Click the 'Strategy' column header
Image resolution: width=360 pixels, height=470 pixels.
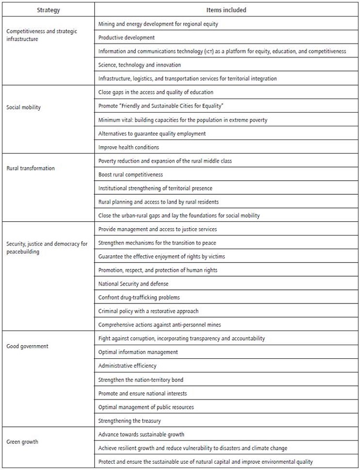pos(47,9)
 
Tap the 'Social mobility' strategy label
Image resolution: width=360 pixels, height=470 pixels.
pos(23,107)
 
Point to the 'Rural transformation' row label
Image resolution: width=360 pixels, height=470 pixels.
pos(30,168)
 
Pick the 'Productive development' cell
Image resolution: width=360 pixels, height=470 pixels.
pos(126,38)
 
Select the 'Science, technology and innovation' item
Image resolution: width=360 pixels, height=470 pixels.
pos(139,65)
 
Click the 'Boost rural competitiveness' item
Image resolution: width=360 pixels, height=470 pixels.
pos(130,174)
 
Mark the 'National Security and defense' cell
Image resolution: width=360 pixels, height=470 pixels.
pos(133,284)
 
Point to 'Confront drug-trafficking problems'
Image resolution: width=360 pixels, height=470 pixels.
pos(139,297)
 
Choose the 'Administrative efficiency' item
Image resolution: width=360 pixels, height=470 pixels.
pos(127,366)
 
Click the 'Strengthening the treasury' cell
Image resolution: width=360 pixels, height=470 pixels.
pos(129,420)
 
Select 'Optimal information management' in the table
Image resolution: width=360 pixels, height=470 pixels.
pos(138,352)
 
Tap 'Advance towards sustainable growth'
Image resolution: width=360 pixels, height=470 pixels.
pos(141,434)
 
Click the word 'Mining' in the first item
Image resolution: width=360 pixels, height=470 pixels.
pos(106,24)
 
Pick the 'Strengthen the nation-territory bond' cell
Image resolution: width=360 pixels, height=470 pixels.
pos(140,379)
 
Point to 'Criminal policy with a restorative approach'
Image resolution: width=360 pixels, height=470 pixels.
pos(148,311)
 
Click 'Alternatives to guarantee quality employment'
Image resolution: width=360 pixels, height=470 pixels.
pos(152,134)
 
